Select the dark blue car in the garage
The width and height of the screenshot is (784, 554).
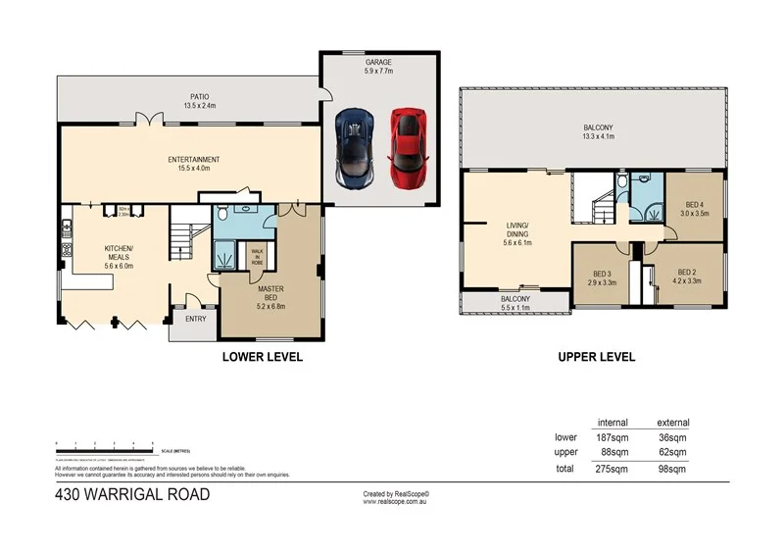[354, 148]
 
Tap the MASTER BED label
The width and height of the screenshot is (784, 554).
[270, 294]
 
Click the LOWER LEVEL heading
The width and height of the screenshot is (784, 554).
[263, 357]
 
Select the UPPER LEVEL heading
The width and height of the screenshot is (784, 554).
[596, 357]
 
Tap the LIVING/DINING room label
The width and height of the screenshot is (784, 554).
[517, 234]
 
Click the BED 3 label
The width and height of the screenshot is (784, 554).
[603, 277]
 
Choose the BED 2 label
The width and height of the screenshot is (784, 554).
[686, 277]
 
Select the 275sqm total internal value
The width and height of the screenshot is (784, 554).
[612, 470]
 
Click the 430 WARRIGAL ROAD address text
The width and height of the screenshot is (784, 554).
[132, 494]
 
